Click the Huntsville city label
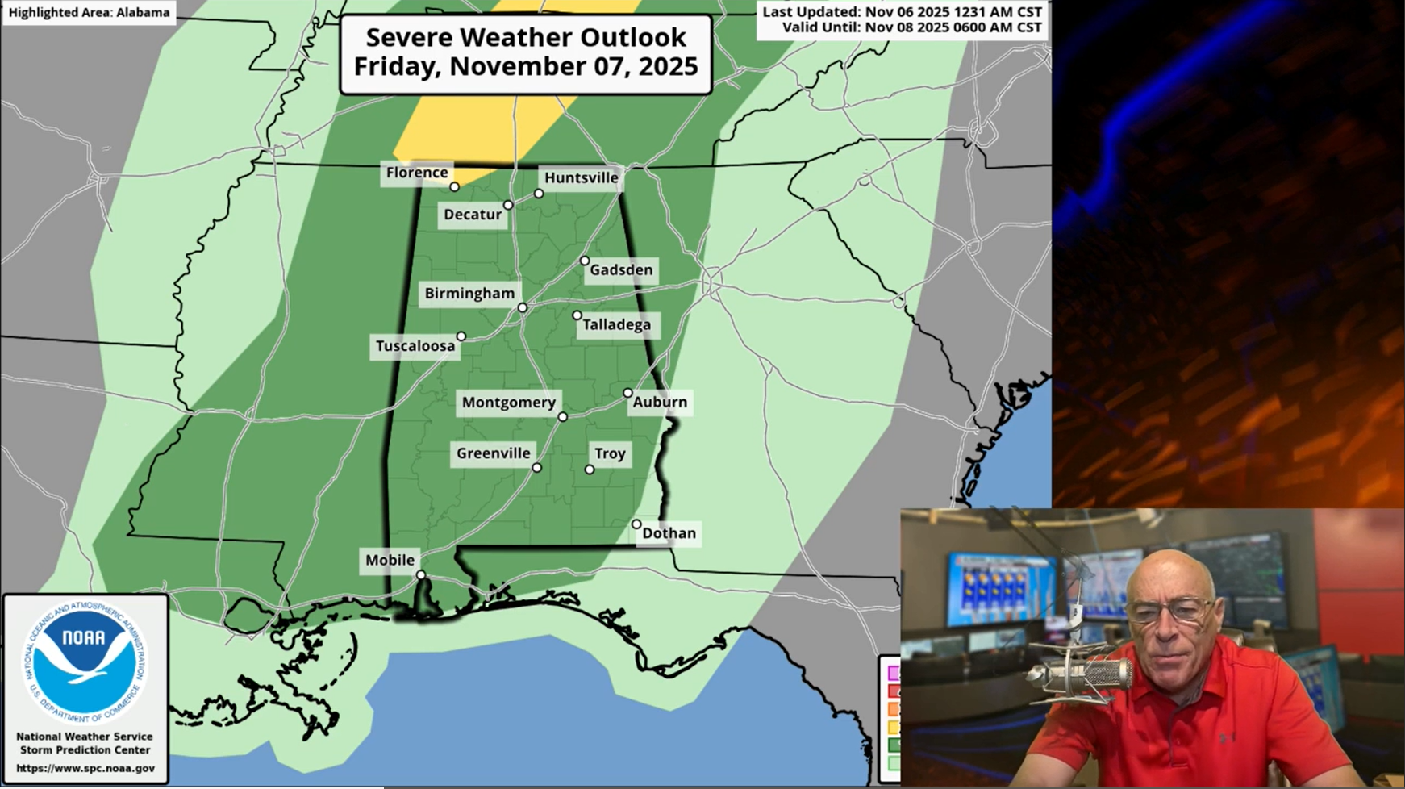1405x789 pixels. [x=581, y=177]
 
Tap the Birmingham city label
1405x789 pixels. [x=469, y=294]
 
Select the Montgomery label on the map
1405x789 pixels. [x=508, y=402]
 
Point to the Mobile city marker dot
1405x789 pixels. [x=421, y=575]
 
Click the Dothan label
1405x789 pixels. [x=669, y=533]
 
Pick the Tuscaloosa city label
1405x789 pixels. [x=415, y=346]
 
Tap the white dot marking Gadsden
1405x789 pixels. [x=585, y=261]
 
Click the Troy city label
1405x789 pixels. [x=610, y=453]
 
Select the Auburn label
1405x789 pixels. [x=660, y=402]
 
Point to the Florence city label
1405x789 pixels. [x=416, y=173]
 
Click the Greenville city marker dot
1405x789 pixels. [x=537, y=468]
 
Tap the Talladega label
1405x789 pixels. [x=617, y=325]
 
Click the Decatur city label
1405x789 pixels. [x=473, y=215]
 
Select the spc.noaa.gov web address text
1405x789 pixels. [x=85, y=769]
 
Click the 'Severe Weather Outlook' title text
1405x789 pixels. [x=526, y=38]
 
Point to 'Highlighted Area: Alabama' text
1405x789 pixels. [x=89, y=13]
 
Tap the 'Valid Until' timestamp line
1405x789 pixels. [x=911, y=27]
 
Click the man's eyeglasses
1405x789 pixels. [x=1169, y=612]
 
